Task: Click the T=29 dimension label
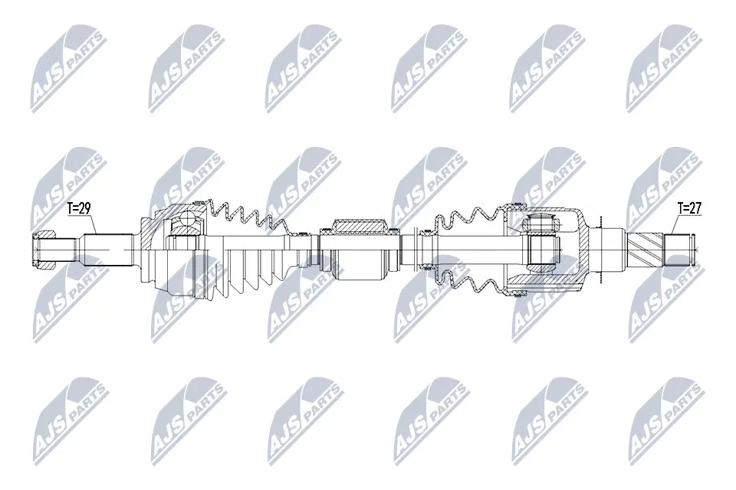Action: (x=78, y=207)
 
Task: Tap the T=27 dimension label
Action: (x=690, y=207)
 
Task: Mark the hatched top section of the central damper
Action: (x=357, y=226)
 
